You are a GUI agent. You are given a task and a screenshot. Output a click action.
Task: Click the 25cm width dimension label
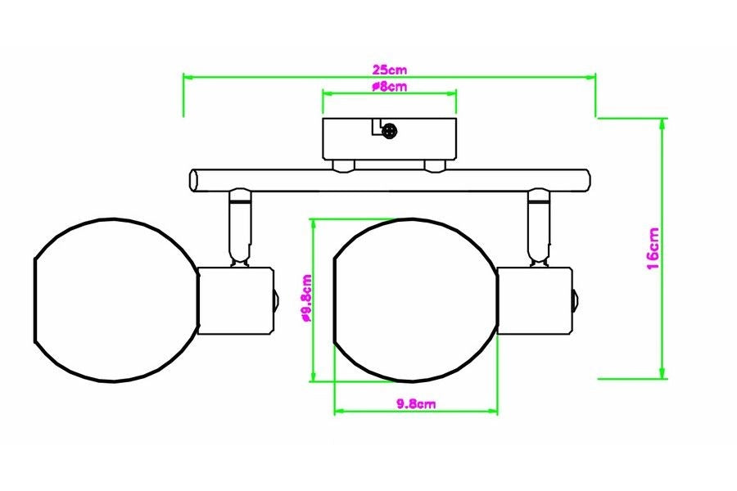pos(390,70)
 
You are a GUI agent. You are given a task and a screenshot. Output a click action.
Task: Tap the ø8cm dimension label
pos(389,87)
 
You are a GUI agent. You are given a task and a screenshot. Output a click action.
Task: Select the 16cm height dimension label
pos(653,249)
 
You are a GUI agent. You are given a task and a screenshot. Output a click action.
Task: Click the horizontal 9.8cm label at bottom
pos(416,403)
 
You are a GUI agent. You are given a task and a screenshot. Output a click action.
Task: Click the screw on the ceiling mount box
pos(390,132)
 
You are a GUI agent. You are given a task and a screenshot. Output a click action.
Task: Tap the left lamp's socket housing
pos(236,300)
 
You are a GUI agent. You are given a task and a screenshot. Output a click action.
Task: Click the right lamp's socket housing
pos(535,300)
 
